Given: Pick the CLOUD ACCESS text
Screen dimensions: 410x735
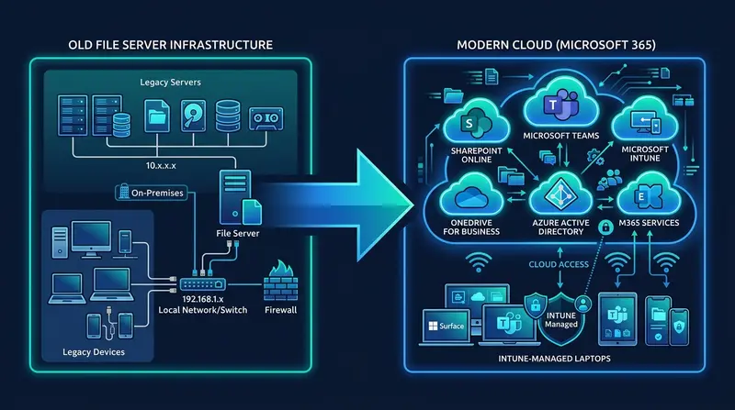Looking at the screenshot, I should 559,266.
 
